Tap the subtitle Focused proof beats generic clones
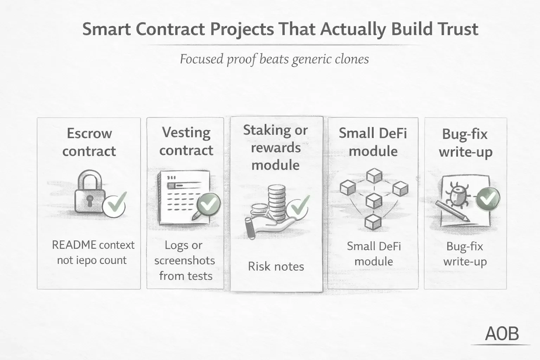click(274, 59)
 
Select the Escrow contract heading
click(89, 142)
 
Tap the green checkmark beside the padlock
click(115, 205)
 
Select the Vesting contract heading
click(186, 141)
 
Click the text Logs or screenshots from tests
click(185, 260)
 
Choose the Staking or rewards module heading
click(276, 147)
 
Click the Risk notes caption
click(276, 266)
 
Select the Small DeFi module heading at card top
click(373, 142)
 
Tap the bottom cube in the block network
click(373, 222)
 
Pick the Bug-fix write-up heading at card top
click(465, 143)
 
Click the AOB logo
click(502, 334)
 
